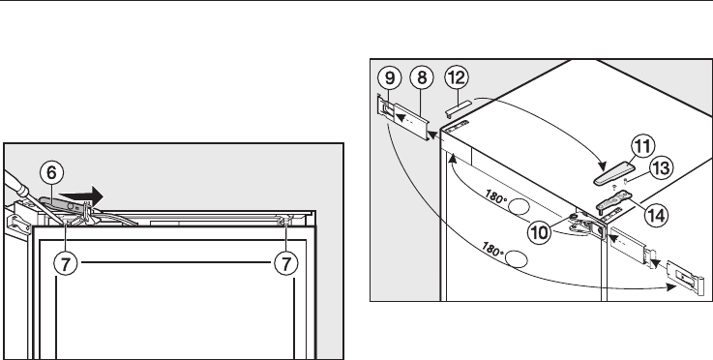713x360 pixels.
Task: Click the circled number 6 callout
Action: click(51, 173)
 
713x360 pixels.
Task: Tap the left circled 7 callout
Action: click(66, 263)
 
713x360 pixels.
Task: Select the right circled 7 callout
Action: click(286, 263)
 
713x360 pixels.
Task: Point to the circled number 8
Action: click(422, 77)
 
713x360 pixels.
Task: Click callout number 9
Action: click(390, 77)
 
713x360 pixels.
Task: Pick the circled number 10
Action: click(539, 232)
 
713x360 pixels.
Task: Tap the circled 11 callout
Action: click(642, 146)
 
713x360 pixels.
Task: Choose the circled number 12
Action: click(456, 77)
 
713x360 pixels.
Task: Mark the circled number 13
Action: click(660, 168)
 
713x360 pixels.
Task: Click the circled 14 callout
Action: click(656, 215)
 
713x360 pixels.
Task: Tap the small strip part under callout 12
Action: click(459, 108)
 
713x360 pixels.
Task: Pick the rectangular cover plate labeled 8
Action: click(411, 122)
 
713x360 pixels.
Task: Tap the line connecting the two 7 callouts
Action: click(176, 262)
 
